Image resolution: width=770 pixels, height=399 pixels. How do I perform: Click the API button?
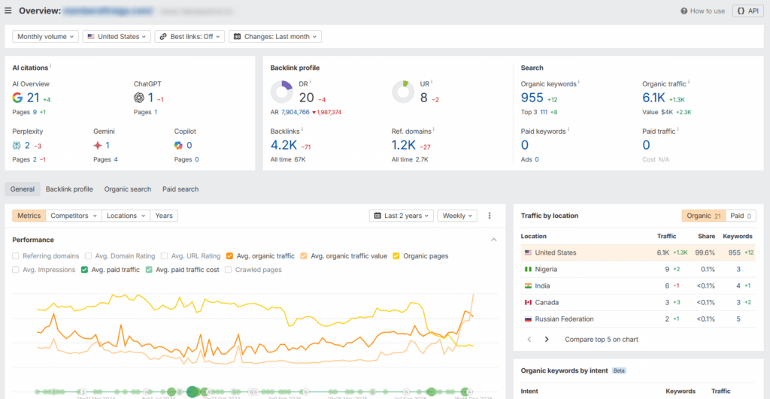point(747,11)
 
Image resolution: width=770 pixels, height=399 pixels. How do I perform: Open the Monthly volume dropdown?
point(46,36)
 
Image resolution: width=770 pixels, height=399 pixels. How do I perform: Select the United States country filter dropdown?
point(117,36)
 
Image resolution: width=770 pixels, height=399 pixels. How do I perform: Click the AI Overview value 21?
point(33,98)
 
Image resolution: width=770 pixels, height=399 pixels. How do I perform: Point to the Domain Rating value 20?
point(306,98)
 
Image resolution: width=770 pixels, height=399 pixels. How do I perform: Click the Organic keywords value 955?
point(532,98)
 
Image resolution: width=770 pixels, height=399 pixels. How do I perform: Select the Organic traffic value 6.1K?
point(653,98)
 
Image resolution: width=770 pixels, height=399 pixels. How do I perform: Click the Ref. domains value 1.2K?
point(403,145)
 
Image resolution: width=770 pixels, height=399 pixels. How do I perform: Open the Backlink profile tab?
point(69,189)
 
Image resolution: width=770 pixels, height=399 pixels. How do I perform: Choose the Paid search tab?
point(180,189)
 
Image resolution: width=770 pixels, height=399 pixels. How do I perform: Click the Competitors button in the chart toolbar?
point(74,216)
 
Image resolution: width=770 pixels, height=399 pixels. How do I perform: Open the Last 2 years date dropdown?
point(402,216)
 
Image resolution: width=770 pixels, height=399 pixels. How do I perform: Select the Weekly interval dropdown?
point(457,216)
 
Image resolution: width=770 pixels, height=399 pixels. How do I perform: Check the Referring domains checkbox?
point(17,256)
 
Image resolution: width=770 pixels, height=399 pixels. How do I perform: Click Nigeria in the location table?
point(546,269)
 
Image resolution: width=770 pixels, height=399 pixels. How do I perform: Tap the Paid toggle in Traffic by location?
point(741,216)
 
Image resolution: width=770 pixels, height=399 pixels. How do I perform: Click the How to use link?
point(703,11)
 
